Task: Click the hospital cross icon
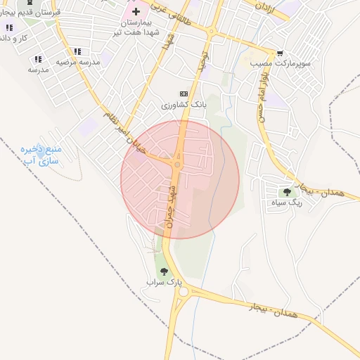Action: pyautogui.click(x=136, y=11)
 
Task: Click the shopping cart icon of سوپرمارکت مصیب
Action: pyautogui.click(x=280, y=53)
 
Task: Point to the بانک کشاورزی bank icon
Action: pyautogui.click(x=184, y=94)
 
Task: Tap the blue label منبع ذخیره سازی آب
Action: pyautogui.click(x=41, y=155)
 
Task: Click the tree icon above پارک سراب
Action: pyautogui.click(x=164, y=271)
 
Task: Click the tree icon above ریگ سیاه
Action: pyautogui.click(x=286, y=191)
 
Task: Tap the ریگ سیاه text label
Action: pyautogui.click(x=286, y=202)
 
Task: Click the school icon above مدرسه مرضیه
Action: pyautogui.click(x=77, y=51)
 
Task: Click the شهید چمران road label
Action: pyautogui.click(x=171, y=204)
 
